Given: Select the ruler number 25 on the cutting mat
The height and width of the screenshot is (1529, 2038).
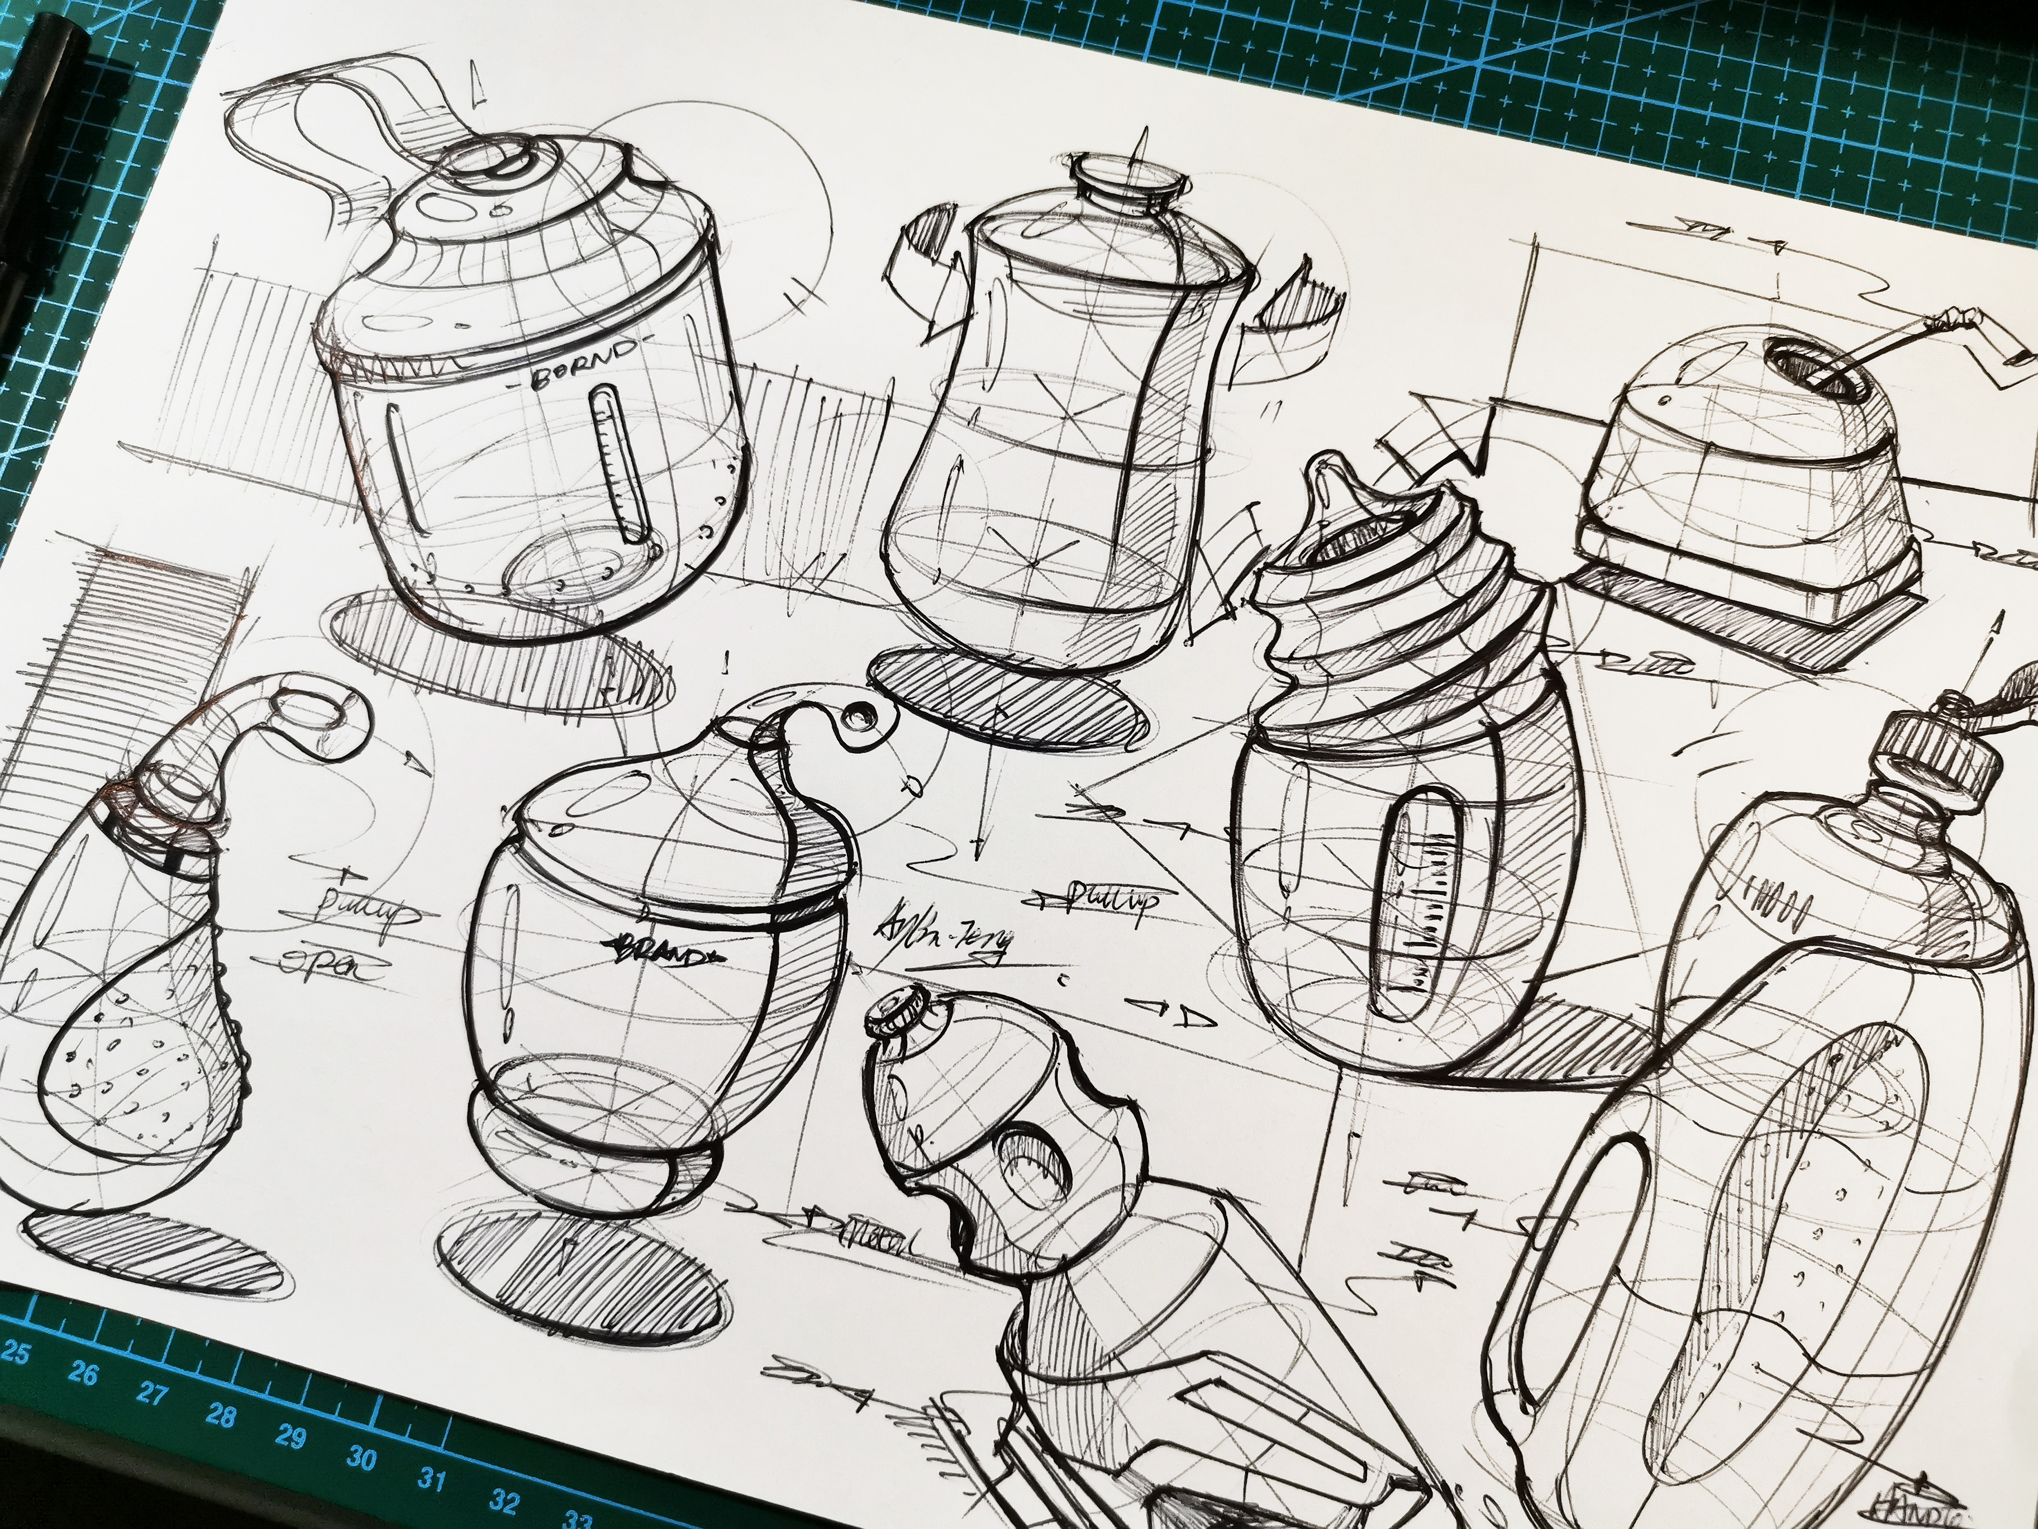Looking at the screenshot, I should point(17,1355).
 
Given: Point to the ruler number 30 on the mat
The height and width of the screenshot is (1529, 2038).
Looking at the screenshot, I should point(362,1459).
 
